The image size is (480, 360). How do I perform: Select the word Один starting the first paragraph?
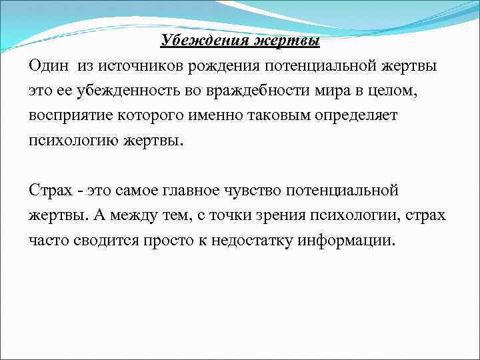click(48, 66)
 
